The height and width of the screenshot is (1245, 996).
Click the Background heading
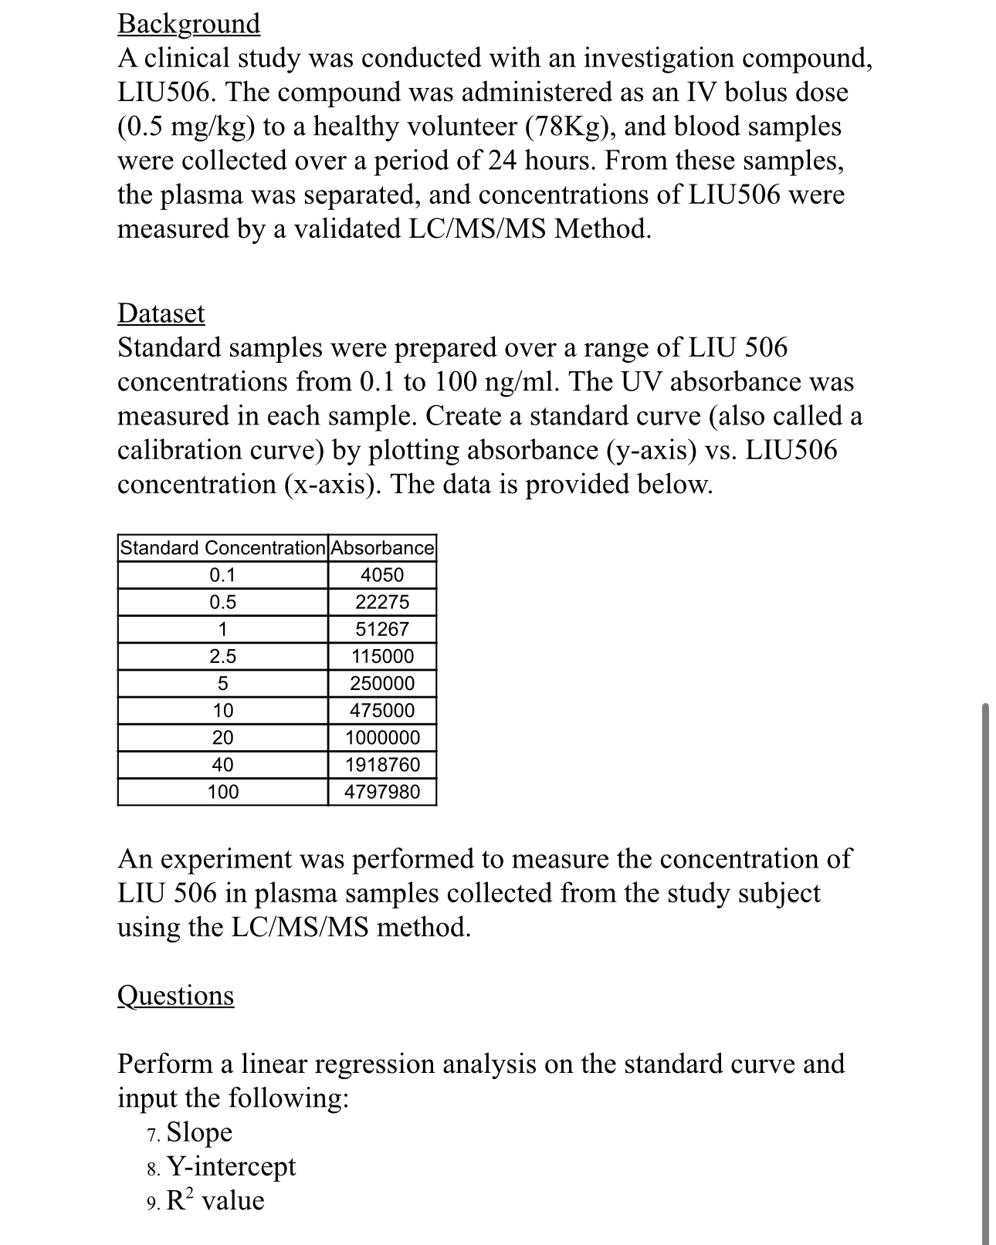(x=188, y=24)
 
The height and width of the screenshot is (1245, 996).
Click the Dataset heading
(x=161, y=313)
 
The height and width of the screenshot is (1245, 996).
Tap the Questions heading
(x=175, y=995)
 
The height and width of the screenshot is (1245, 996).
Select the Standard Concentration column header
(x=223, y=548)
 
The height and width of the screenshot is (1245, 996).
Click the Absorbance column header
(x=382, y=548)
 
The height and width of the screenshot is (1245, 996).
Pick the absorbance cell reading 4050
(x=382, y=575)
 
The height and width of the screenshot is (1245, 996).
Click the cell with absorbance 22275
(x=382, y=602)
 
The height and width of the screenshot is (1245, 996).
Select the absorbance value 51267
(x=382, y=629)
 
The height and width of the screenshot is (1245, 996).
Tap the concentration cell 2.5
(x=223, y=657)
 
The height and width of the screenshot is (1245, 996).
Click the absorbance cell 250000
(x=382, y=684)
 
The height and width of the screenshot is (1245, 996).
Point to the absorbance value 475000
(x=382, y=711)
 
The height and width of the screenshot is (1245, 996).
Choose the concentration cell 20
(x=223, y=738)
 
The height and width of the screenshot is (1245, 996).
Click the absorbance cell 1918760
(x=382, y=765)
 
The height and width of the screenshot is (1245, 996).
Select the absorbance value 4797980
(x=382, y=792)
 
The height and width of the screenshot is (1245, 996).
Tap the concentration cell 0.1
(x=223, y=575)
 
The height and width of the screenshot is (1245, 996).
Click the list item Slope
(x=199, y=1132)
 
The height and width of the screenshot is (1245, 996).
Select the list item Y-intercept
(x=231, y=1166)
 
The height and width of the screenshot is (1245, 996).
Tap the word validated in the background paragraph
(x=339, y=229)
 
